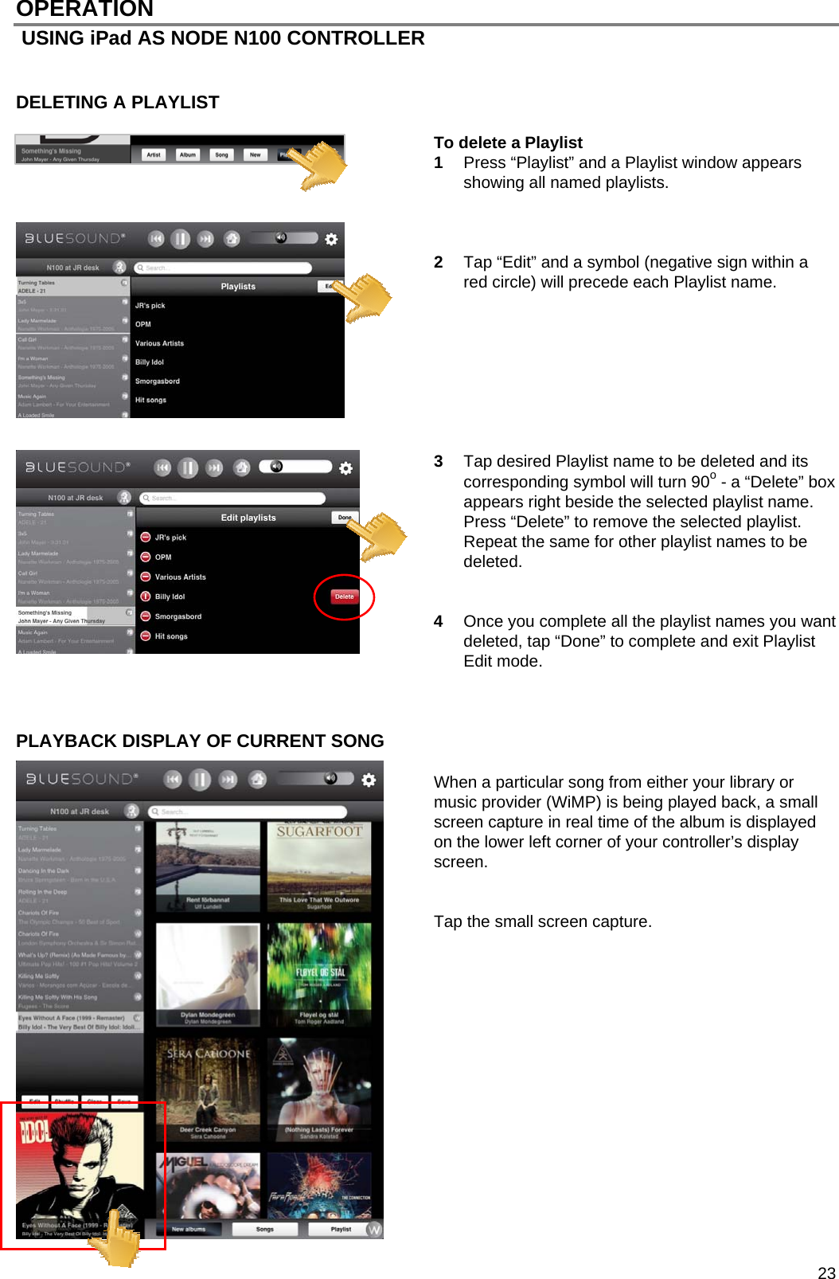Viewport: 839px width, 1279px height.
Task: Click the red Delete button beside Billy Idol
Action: click(x=344, y=596)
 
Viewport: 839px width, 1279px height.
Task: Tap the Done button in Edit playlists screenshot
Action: click(x=344, y=518)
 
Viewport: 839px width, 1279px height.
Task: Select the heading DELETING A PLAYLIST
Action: click(x=118, y=103)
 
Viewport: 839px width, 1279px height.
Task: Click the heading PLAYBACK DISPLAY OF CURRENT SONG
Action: click(x=200, y=741)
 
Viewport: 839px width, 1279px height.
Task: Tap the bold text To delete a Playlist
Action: click(x=508, y=143)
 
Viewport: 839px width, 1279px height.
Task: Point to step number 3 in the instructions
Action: click(x=439, y=461)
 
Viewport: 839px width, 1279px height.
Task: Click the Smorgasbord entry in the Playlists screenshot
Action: click(x=158, y=381)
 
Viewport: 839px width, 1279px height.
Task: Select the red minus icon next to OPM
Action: click(x=146, y=557)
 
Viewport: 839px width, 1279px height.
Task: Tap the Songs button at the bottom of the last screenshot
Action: click(x=265, y=1229)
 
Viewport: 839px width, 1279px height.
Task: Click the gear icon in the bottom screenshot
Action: click(x=369, y=780)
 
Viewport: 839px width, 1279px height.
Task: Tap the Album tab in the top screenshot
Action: click(x=188, y=155)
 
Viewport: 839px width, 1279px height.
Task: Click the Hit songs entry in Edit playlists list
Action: click(x=171, y=636)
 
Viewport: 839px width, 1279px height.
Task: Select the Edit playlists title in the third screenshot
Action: click(x=248, y=518)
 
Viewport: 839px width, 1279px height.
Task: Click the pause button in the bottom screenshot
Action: click(x=200, y=780)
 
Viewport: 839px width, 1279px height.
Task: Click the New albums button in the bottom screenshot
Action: click(x=189, y=1229)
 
